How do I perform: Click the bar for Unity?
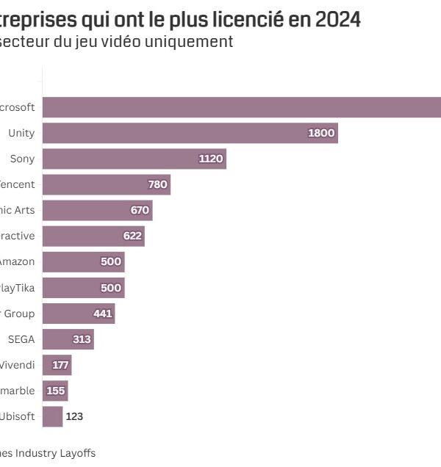pyautogui.click(x=190, y=133)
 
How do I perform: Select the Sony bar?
pyautogui.click(x=134, y=159)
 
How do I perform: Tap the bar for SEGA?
pyautogui.click(x=68, y=339)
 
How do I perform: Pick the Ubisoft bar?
pyautogui.click(x=52, y=416)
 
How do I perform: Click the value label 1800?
pyautogui.click(x=321, y=133)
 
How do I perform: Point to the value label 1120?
pyautogui.click(x=211, y=159)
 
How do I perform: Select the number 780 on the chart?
pyautogui.click(x=157, y=184)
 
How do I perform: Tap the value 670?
pyautogui.click(x=140, y=210)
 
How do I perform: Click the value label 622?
pyautogui.click(x=132, y=236)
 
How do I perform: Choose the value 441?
pyautogui.click(x=103, y=314)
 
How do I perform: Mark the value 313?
pyautogui.click(x=82, y=339)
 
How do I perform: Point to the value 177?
pyautogui.click(x=60, y=365)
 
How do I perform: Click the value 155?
pyautogui.click(x=56, y=391)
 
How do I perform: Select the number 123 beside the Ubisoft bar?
pyautogui.click(x=74, y=416)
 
